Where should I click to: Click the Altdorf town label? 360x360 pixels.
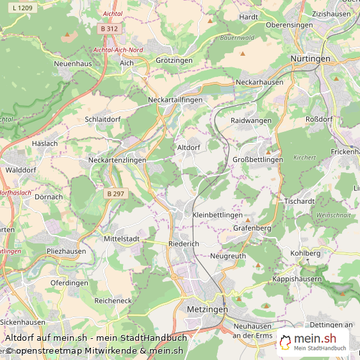click(189, 147)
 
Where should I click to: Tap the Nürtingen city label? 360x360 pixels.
click(310, 58)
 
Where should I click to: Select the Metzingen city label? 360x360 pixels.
click(207, 309)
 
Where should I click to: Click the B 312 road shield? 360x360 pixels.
click(109, 29)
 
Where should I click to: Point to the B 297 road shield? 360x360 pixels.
click(116, 193)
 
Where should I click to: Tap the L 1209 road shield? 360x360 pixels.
click(23, 8)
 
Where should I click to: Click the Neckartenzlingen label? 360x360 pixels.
click(117, 160)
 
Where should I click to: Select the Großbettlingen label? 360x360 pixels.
click(258, 160)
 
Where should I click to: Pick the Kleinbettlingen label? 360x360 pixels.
click(217, 215)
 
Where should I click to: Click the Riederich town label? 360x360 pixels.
click(184, 244)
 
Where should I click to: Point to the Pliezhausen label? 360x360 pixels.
click(66, 251)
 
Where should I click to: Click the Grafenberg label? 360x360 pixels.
click(252, 228)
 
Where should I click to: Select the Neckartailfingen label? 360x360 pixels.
click(175, 100)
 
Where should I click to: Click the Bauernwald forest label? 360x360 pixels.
click(237, 38)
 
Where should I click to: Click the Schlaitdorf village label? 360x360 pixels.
click(102, 119)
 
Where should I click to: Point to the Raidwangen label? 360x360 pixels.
click(251, 120)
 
